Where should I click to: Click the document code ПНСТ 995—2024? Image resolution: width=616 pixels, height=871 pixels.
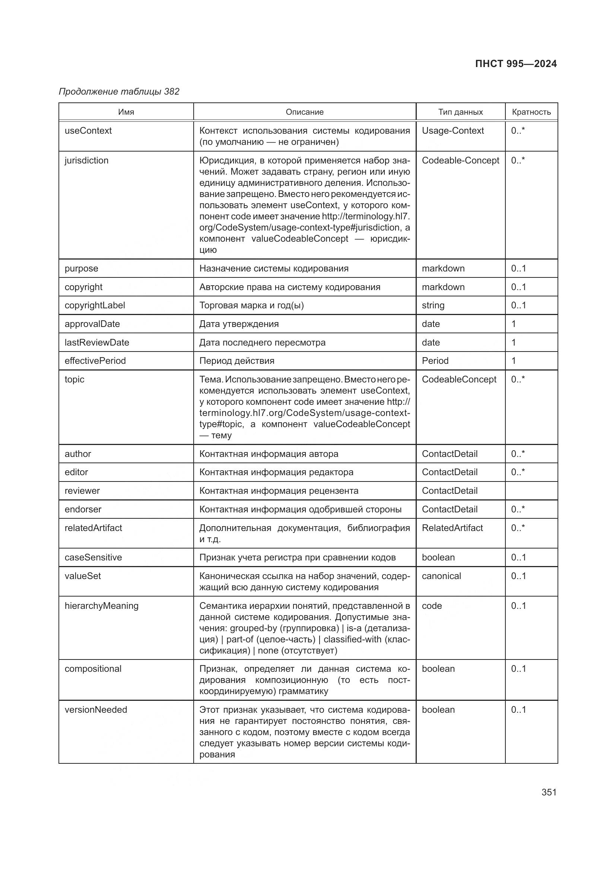515,64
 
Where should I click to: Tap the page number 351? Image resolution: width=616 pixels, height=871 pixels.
549,792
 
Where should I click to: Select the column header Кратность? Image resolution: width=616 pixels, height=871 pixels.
531,112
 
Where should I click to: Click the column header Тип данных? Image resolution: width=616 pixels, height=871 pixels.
460,112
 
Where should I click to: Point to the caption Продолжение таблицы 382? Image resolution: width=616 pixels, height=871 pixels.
119,92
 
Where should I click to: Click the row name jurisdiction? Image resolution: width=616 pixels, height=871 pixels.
86,160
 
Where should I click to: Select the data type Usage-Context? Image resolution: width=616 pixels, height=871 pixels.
453,130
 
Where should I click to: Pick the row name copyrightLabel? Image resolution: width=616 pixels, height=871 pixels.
95,305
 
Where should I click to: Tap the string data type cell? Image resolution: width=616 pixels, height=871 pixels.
433,305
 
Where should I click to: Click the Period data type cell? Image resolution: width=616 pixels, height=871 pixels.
435,361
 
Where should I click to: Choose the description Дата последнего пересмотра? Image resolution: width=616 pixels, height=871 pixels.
262,343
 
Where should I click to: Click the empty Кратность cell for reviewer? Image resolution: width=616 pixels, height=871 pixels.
531,491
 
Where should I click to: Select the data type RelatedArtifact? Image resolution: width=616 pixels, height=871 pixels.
452,528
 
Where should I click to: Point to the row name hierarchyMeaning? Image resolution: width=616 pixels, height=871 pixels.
102,606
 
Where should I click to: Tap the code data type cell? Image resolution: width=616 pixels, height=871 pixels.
432,606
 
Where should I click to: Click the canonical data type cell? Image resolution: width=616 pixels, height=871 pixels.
441,576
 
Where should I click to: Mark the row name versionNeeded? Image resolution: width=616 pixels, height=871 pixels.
96,710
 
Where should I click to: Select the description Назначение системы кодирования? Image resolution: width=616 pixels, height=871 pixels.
273,268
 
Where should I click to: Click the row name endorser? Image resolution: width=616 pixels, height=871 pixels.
83,509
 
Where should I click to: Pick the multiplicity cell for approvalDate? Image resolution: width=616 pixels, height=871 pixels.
514,324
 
